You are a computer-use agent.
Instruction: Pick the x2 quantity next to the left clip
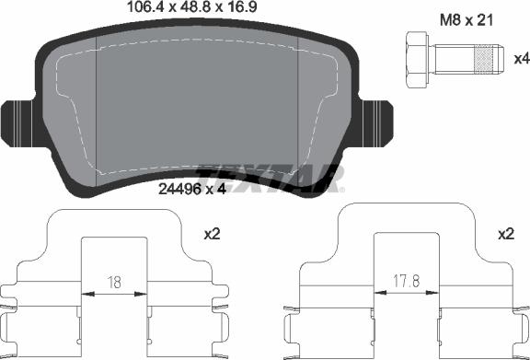coord(212,236)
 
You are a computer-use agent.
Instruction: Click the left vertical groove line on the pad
coord(98,110)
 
